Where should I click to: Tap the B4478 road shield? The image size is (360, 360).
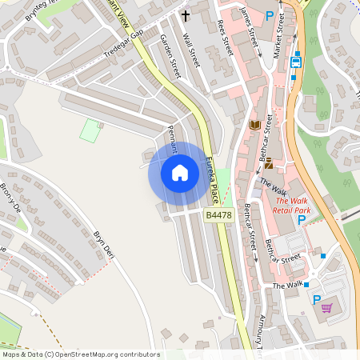pos(219,215)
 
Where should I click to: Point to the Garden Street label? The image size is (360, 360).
pos(170,55)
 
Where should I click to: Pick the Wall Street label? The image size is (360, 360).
pos(191,50)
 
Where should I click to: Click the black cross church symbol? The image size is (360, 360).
pos(186,15)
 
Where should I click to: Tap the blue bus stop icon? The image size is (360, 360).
pos(296,62)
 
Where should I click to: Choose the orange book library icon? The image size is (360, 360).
pos(255,126)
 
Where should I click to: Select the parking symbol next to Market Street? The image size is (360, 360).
pos(269,15)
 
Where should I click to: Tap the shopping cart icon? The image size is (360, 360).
pos(326,307)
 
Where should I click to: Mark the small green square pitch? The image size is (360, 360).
pos(90,130)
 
